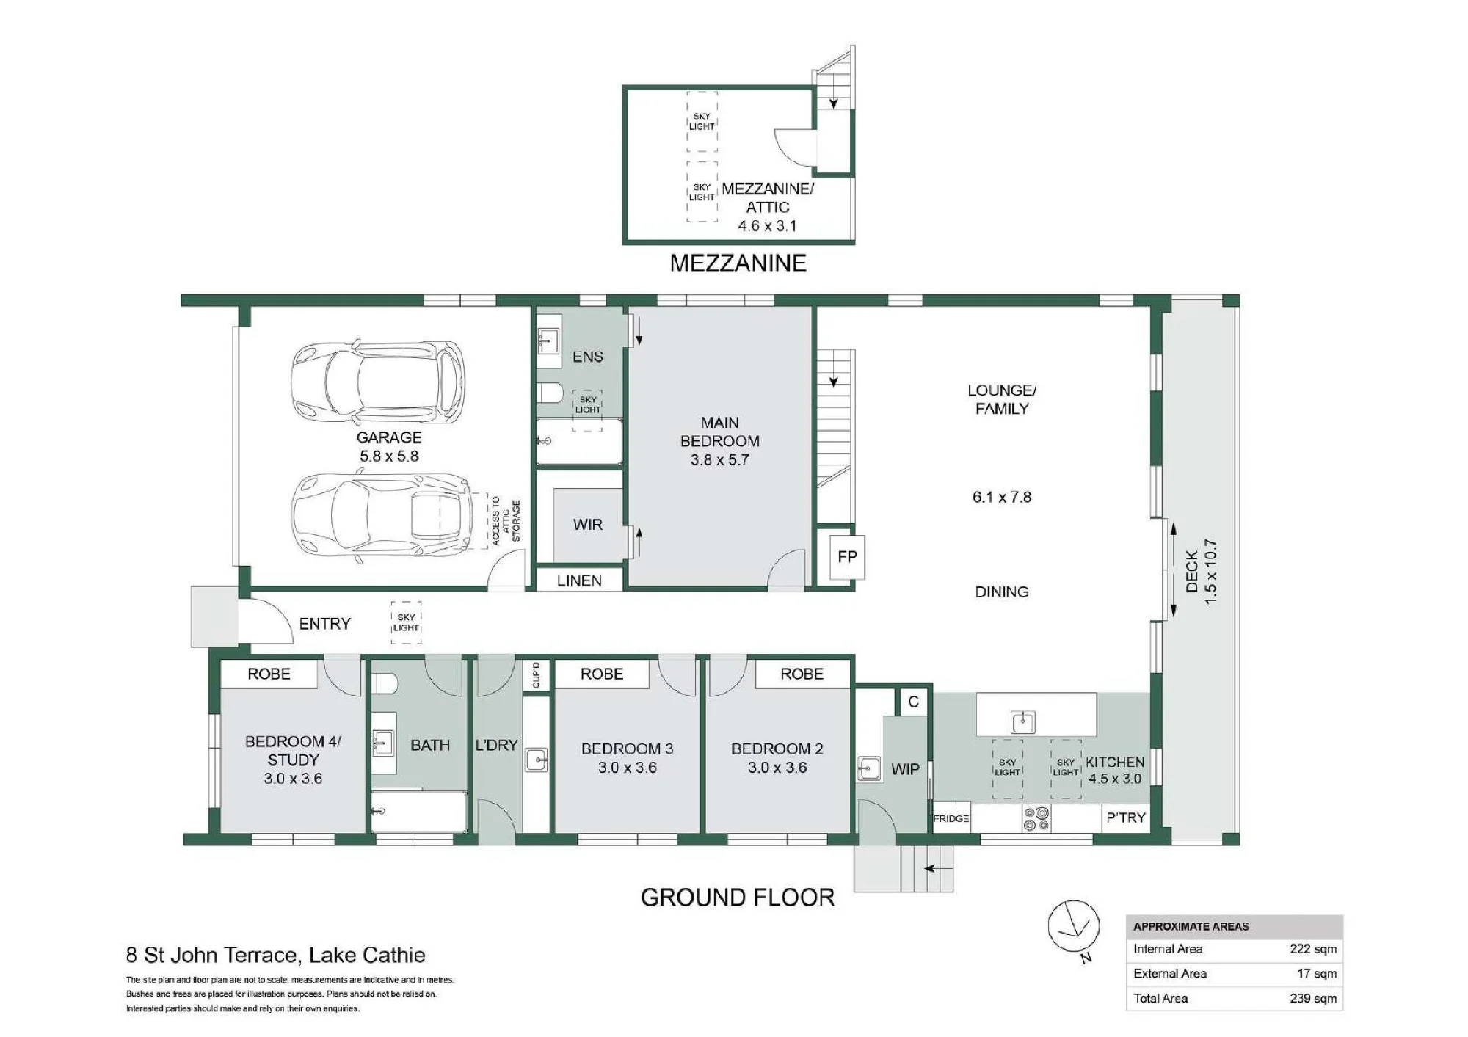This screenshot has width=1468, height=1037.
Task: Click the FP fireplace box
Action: tap(847, 557)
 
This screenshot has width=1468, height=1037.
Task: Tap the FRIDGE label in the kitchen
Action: tap(951, 818)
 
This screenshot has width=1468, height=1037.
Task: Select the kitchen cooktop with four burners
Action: tap(1037, 818)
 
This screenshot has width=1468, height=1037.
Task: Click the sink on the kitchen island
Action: tap(1023, 722)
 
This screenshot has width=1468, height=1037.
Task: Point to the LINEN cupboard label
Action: tap(579, 581)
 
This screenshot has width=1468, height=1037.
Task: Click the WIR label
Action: tap(588, 525)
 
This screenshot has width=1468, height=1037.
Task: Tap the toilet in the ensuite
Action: tap(550, 393)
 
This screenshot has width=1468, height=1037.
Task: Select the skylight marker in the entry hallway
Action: tap(406, 622)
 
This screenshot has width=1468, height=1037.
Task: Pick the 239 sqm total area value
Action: tap(1313, 998)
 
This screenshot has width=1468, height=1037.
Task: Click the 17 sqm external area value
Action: tap(1317, 973)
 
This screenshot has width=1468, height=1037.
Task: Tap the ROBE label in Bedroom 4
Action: tap(269, 674)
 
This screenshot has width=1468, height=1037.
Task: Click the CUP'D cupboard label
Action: tap(536, 675)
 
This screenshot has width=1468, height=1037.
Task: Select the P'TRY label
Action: tap(1126, 818)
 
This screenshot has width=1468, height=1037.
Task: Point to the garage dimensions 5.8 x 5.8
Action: tap(389, 456)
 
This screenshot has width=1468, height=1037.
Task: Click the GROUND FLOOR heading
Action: tap(738, 898)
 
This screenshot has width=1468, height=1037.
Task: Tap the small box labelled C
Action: tap(914, 702)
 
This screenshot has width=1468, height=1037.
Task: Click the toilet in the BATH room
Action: tap(385, 685)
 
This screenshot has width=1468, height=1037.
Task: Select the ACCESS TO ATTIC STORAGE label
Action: tap(506, 521)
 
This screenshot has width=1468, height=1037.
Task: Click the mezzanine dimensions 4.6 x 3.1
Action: tap(767, 226)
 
